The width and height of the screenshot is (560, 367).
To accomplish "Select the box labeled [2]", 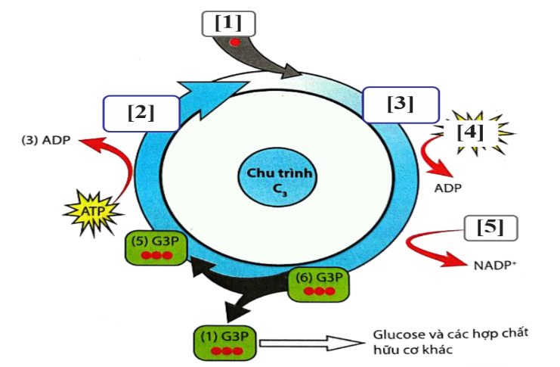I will coord(141,114).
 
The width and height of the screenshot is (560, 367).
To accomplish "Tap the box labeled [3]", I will coord(400,104).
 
